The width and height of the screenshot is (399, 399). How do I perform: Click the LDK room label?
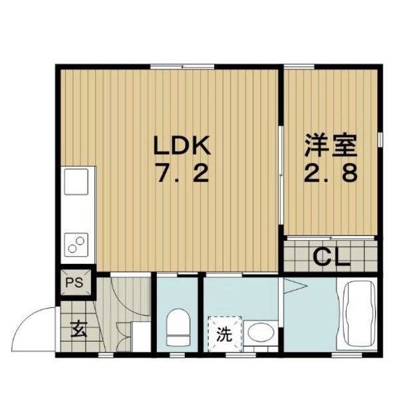[x=182, y=145]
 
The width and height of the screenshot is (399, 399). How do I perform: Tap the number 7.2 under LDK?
[x=183, y=173]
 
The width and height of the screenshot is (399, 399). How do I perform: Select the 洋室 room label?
[x=331, y=145]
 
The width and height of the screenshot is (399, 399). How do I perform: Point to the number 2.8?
[x=331, y=172]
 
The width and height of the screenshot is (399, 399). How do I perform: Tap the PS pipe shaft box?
[x=76, y=283]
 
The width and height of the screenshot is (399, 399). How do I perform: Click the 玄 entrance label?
[x=79, y=329]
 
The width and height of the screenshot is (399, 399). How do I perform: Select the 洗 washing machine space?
[x=225, y=334]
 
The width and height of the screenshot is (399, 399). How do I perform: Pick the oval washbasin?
[x=261, y=332]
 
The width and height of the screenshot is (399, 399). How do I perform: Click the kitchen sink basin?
[x=76, y=182]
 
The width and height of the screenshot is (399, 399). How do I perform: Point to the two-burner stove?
[x=76, y=245]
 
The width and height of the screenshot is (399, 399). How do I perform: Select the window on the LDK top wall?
[x=182, y=67]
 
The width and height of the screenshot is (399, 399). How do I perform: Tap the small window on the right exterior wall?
[x=380, y=139]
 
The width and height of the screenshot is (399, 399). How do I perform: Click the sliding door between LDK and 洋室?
[x=281, y=176]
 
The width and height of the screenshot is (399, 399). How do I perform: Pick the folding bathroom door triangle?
[x=295, y=287]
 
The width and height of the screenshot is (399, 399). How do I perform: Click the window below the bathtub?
[x=347, y=354]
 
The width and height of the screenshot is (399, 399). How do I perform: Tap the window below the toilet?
[x=178, y=354]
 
